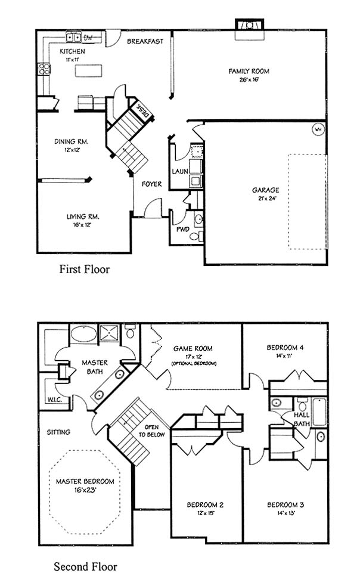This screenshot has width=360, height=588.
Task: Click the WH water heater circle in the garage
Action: tap(318, 130)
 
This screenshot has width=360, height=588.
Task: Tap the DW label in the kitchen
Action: tap(88, 37)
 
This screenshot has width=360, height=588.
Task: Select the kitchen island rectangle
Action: tap(88, 70)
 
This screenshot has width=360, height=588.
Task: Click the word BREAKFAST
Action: tap(145, 41)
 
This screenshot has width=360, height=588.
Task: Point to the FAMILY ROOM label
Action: tap(249, 71)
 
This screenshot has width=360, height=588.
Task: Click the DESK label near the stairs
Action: tap(142, 112)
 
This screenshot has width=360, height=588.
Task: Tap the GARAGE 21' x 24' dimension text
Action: tap(266, 199)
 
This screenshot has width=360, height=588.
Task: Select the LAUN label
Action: tap(180, 171)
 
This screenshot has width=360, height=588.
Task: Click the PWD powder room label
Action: tap(183, 229)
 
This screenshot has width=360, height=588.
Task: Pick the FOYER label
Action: tap(152, 184)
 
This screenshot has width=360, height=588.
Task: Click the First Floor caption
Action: tap(84, 269)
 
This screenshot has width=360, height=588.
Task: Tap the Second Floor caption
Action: tap(85, 567)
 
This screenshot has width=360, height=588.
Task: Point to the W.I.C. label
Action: tap(55, 400)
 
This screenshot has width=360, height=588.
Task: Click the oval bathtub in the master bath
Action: tap(83, 333)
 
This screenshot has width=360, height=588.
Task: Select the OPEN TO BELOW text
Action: tap(151, 431)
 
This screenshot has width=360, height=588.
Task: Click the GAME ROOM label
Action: tap(193, 348)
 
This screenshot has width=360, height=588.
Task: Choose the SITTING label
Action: tap(58, 432)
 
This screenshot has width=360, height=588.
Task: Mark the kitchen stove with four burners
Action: tap(44, 69)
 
